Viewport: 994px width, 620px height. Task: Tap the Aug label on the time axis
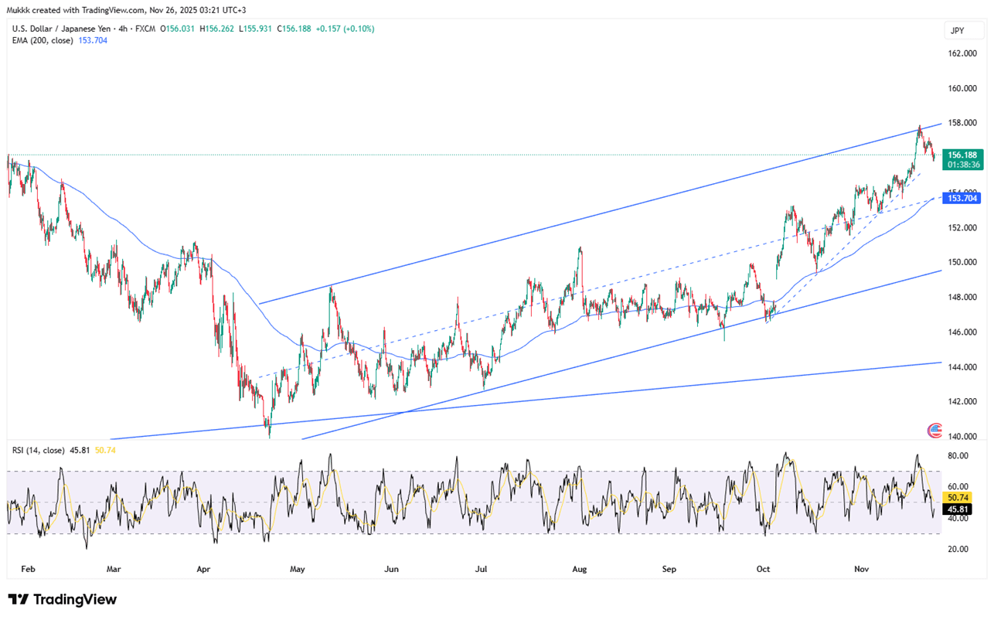(580, 569)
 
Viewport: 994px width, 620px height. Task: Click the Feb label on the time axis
(28, 569)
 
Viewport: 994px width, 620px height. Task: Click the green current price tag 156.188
(962, 155)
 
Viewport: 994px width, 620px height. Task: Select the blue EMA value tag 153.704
(962, 199)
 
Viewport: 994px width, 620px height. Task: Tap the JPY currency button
(956, 31)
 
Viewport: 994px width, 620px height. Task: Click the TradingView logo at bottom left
(62, 600)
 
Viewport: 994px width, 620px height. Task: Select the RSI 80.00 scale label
(958, 456)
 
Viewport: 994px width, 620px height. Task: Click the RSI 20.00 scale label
(958, 549)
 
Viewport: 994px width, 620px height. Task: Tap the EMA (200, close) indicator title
(43, 40)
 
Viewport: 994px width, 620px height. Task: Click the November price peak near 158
(919, 126)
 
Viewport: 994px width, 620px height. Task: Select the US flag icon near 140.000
(934, 431)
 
